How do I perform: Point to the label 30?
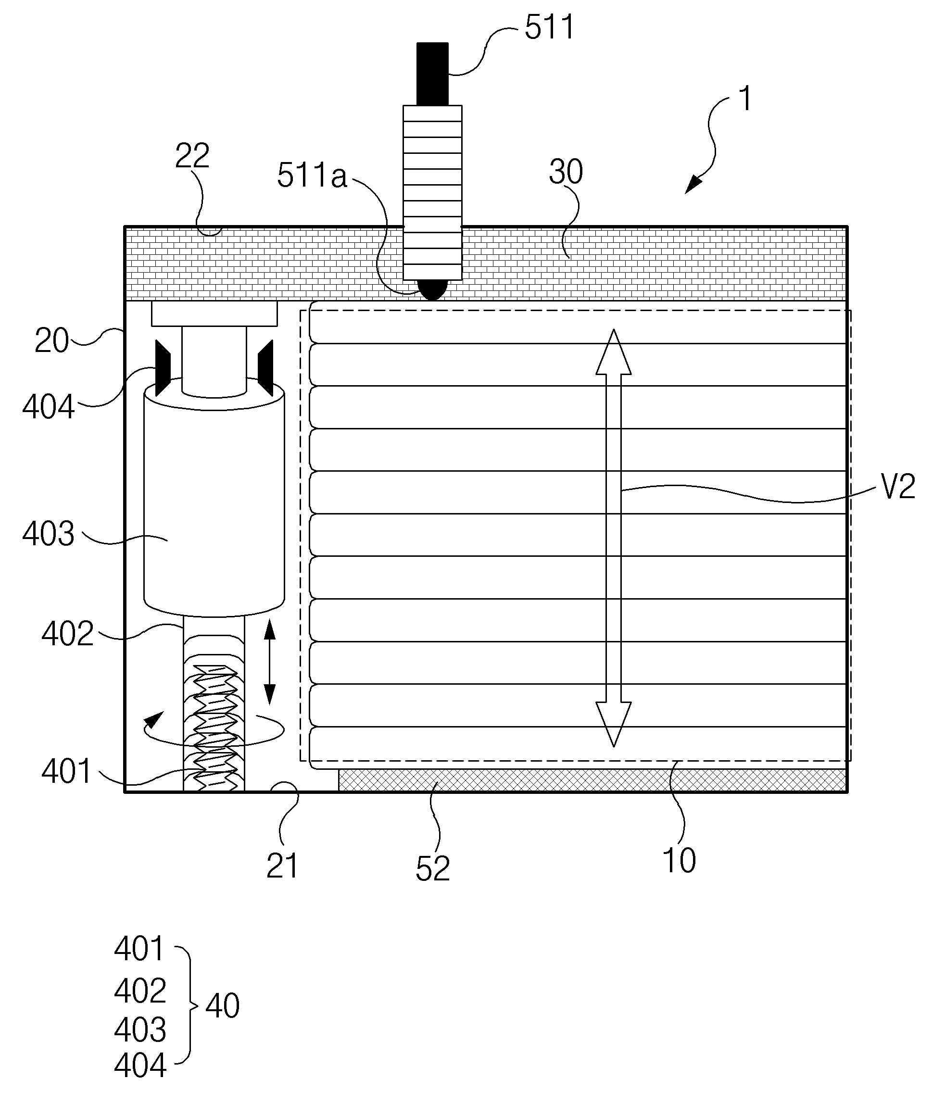coord(566,172)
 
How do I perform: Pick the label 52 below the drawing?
coord(433,868)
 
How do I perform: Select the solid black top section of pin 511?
coord(432,74)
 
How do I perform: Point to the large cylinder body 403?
coord(214,504)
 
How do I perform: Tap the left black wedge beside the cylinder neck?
coord(163,368)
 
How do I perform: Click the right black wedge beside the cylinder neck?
coord(265,368)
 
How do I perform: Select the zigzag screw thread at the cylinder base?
coord(214,728)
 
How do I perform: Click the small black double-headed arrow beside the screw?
coord(270,662)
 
